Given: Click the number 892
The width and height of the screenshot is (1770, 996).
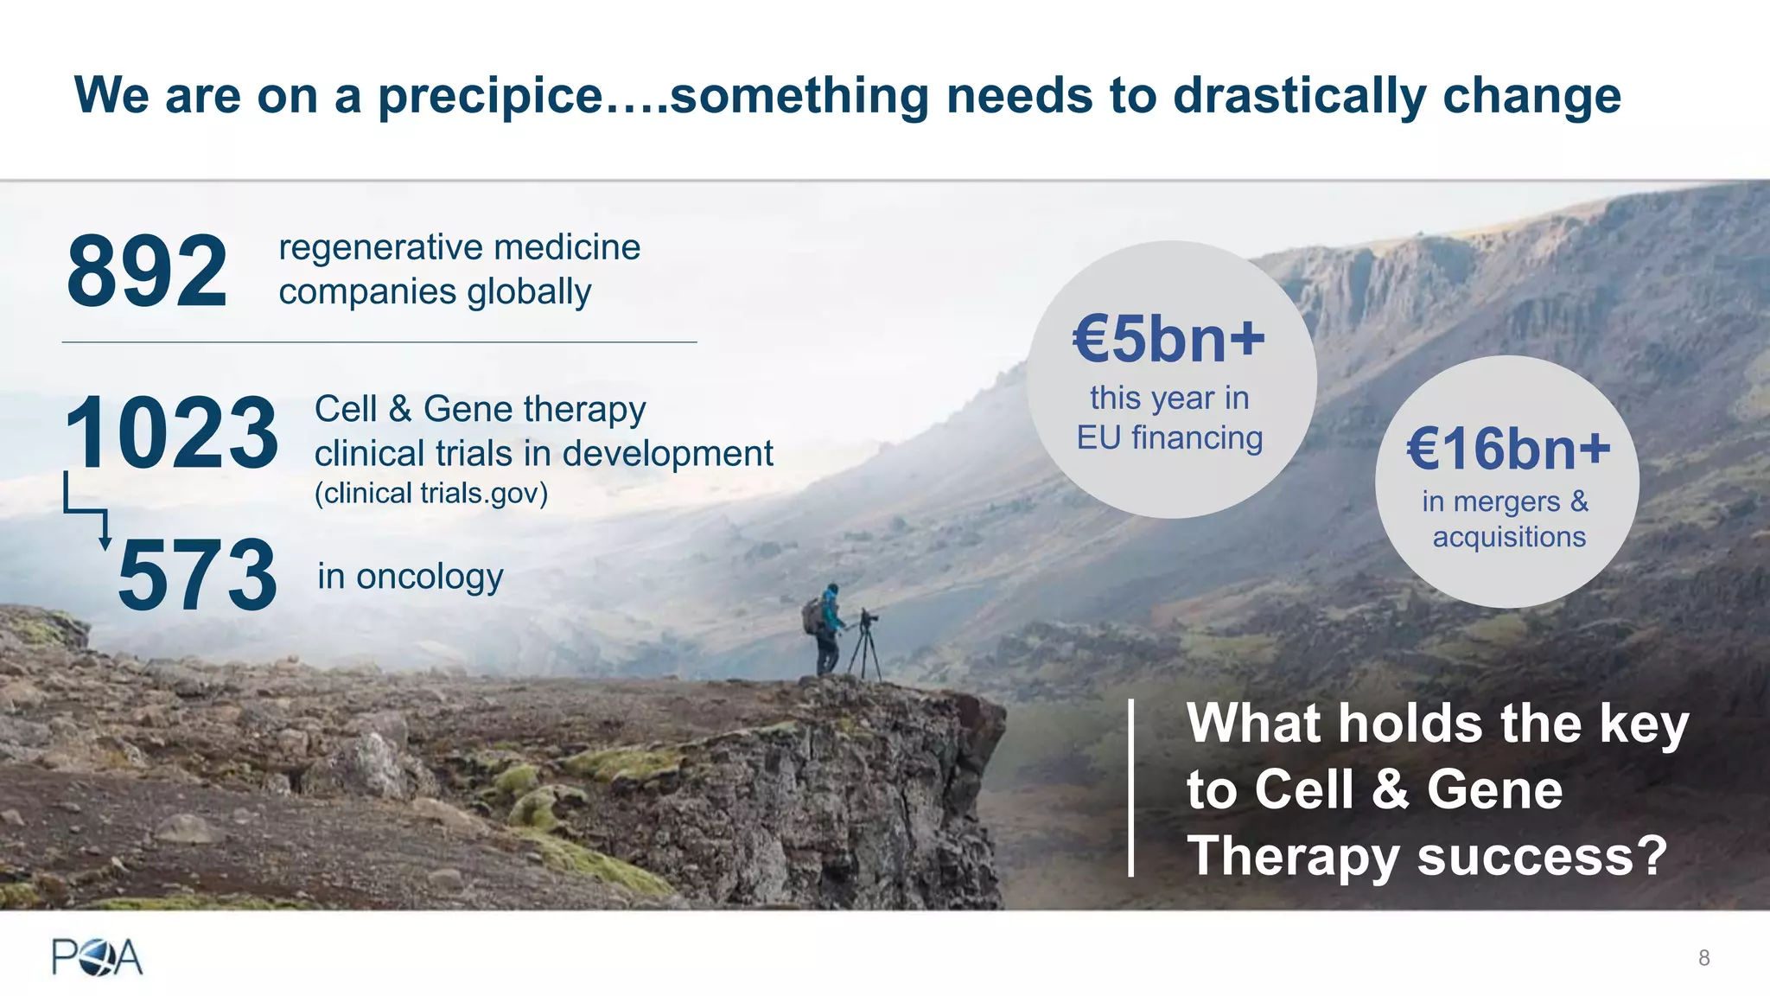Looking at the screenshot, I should coord(147,272).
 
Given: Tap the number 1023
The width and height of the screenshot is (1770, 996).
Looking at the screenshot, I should coord(171,432).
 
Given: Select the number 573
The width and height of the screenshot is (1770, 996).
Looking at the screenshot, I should coord(197,576).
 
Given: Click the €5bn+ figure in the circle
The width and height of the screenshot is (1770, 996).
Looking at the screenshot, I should coord(1168,339).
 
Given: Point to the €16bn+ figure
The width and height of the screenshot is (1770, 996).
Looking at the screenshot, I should coord(1508,450).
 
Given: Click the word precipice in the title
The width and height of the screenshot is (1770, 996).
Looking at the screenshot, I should coord(490,95).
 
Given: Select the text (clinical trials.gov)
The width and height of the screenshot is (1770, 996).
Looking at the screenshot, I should coord(430,494).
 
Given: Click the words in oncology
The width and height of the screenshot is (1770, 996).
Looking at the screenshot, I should coord(410,577).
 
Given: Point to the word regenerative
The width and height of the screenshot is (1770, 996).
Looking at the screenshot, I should coord(379,248).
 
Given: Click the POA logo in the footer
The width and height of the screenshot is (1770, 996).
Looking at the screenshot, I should coord(97,957).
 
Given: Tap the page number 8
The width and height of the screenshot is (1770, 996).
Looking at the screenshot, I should coord(1703,957).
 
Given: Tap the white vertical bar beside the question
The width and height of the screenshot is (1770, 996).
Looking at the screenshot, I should coord(1130,788).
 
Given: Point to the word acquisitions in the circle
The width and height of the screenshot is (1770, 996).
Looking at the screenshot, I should coord(1509,538).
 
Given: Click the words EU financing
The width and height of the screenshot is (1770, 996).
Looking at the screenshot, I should coord(1168,438).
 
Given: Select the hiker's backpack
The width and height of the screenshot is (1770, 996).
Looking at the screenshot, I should coord(812,616).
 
